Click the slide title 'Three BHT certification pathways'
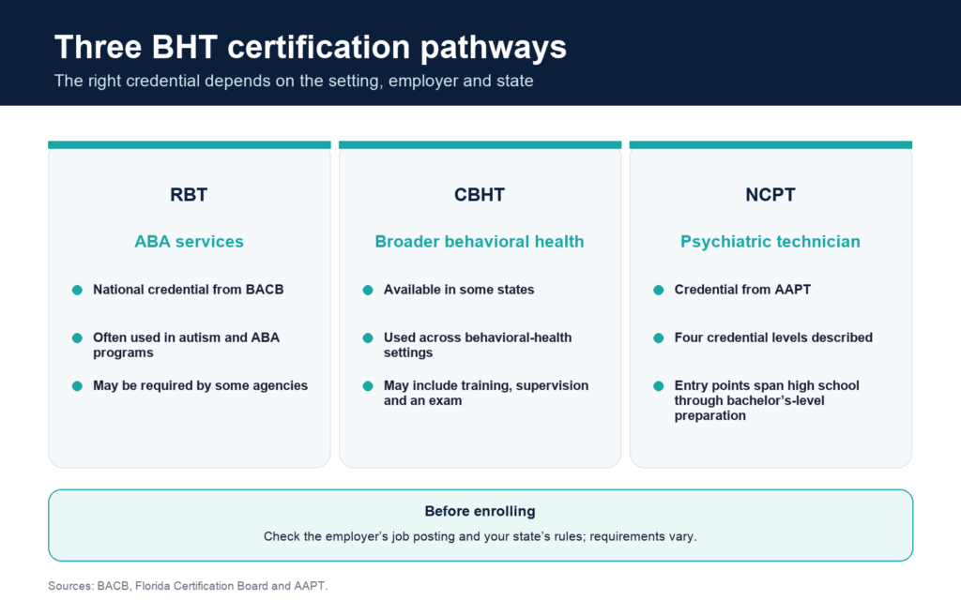click(x=310, y=48)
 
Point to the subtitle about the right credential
click(x=294, y=81)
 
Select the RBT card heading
click(x=189, y=195)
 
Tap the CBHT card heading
click(x=480, y=195)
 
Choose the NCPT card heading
click(x=770, y=195)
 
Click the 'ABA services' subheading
click(x=189, y=242)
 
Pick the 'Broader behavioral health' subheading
click(x=480, y=242)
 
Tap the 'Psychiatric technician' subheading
click(x=770, y=242)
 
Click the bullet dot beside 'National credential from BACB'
click(x=77, y=290)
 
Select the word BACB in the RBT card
click(x=265, y=290)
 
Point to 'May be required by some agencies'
click(x=201, y=385)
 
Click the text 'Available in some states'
click(x=459, y=290)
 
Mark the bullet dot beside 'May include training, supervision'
click(x=368, y=385)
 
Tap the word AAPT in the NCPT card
click(x=793, y=290)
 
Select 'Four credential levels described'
click(x=773, y=337)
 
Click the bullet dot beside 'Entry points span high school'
click(x=658, y=385)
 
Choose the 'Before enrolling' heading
click(x=480, y=511)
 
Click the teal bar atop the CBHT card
click(x=480, y=145)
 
